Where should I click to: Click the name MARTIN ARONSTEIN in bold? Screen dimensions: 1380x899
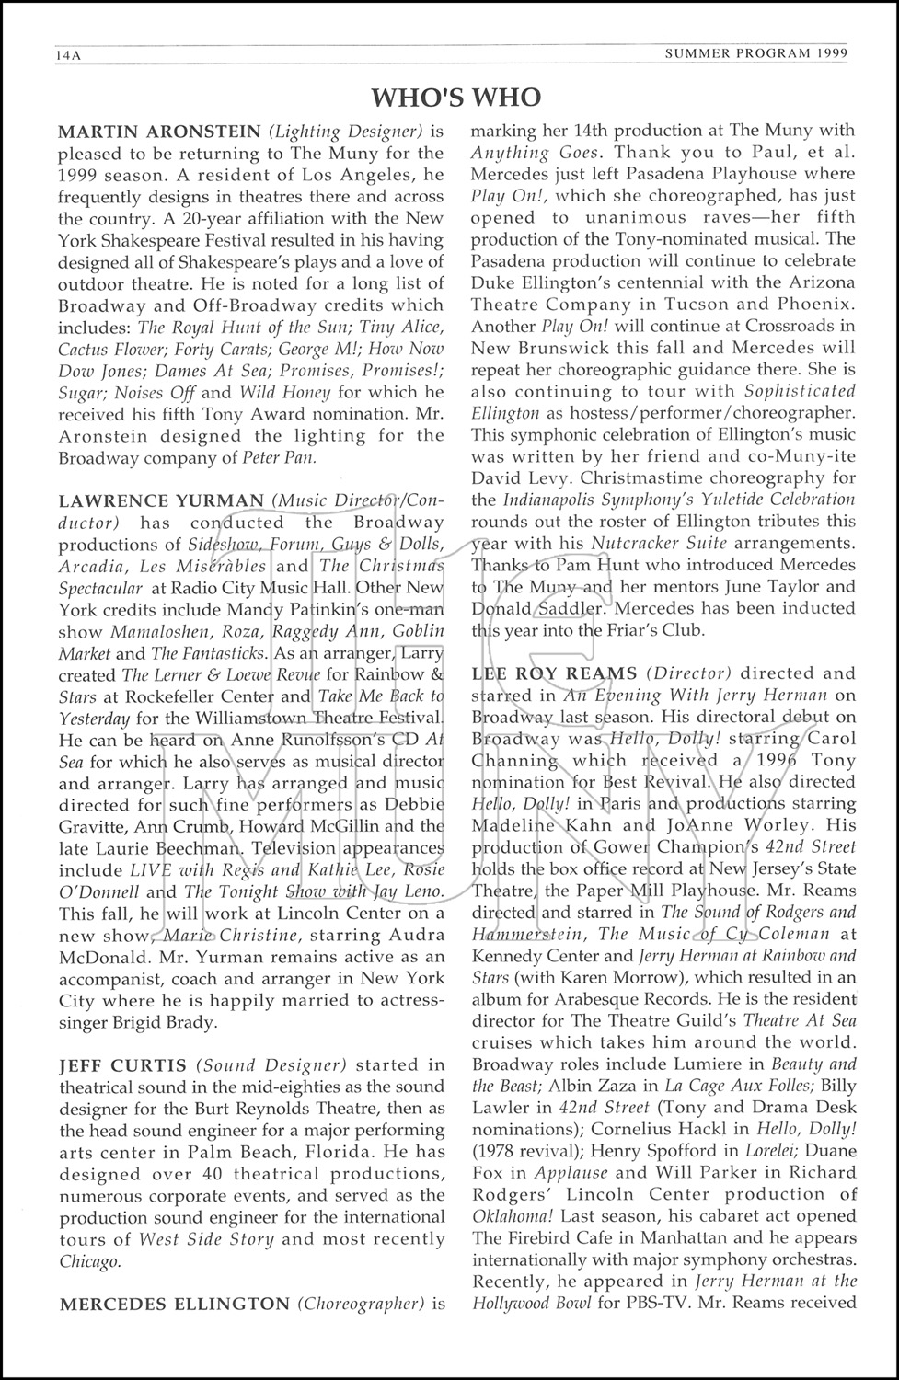point(159,132)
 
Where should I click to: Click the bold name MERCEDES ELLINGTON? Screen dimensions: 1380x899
point(173,1304)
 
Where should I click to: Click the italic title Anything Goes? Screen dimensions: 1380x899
point(535,152)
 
